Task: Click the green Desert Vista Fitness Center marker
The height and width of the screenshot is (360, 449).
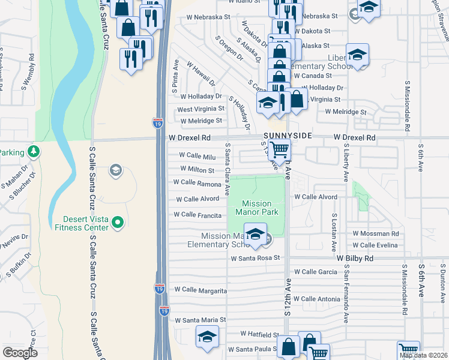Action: click(x=118, y=223)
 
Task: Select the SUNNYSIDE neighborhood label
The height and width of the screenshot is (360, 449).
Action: click(x=287, y=136)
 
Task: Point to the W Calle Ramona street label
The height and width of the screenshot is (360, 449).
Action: click(x=197, y=183)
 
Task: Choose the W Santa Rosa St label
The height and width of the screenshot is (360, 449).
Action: click(x=256, y=258)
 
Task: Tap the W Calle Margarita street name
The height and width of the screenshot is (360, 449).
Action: click(x=200, y=291)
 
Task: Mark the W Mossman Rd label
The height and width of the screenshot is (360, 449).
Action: click(x=376, y=233)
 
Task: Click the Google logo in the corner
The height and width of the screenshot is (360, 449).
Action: click(x=20, y=353)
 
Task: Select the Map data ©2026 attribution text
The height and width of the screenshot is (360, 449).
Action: click(x=423, y=355)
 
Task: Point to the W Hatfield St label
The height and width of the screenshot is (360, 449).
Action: click(x=260, y=334)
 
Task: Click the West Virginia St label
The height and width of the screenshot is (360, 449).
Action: click(x=200, y=109)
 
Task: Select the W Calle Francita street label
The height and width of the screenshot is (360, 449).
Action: click(x=197, y=215)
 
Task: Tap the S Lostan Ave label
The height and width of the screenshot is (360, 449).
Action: click(x=333, y=231)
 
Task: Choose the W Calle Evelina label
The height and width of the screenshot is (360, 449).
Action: click(x=376, y=245)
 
